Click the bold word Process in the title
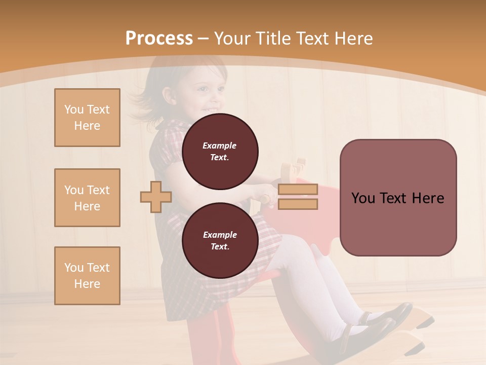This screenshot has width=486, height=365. point(159,39)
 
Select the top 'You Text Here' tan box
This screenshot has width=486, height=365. point(87,118)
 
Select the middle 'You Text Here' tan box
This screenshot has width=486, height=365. point(87,198)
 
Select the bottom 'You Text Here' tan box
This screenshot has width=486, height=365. point(87,276)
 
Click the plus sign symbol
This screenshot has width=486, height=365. point(156,197)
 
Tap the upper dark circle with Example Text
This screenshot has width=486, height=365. point(220,151)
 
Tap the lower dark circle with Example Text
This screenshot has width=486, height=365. point(220,240)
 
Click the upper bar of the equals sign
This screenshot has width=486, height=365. point(298,189)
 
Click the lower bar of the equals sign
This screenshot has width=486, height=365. point(298,204)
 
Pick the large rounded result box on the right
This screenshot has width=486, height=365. point(398,197)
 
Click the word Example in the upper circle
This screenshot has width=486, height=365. point(220,145)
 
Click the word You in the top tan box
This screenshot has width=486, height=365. point(74,109)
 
